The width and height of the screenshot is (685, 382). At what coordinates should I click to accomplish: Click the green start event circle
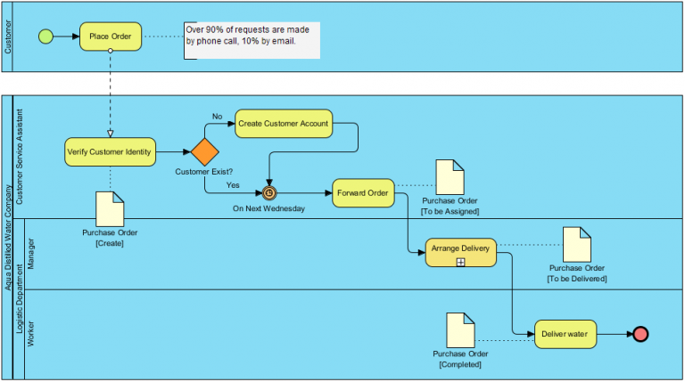pyautogui.click(x=45, y=37)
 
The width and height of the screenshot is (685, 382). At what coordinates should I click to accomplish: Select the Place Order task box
pyautogui.click(x=110, y=37)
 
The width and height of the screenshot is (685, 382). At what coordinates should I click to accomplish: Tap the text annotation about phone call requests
pyautogui.click(x=252, y=40)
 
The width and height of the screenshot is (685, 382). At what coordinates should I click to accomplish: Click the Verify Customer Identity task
pyautogui.click(x=110, y=151)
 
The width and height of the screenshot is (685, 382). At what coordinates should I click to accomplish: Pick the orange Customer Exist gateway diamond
pyautogui.click(x=204, y=151)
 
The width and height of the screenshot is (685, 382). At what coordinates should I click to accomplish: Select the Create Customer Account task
pyautogui.click(x=284, y=124)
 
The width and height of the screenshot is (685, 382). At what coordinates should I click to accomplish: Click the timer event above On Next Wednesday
pyautogui.click(x=268, y=192)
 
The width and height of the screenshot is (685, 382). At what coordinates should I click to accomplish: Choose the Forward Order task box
pyautogui.click(x=363, y=192)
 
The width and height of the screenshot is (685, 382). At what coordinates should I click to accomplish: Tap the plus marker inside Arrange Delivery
pyautogui.click(x=460, y=262)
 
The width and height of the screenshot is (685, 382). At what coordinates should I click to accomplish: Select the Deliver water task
pyautogui.click(x=565, y=335)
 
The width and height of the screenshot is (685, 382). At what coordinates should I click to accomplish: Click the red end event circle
pyautogui.click(x=640, y=335)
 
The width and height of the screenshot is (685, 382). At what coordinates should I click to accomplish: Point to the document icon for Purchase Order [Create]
pyautogui.click(x=111, y=209)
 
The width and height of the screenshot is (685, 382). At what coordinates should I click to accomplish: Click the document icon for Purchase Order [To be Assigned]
pyautogui.click(x=450, y=177)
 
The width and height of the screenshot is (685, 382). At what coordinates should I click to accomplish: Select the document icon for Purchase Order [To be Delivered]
pyautogui.click(x=576, y=244)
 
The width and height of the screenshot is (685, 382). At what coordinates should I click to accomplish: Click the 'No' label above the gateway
pyautogui.click(x=217, y=116)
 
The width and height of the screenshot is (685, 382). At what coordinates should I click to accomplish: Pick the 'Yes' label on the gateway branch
pyautogui.click(x=233, y=185)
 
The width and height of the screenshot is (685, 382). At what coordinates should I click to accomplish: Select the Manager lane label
pyautogui.click(x=32, y=254)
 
